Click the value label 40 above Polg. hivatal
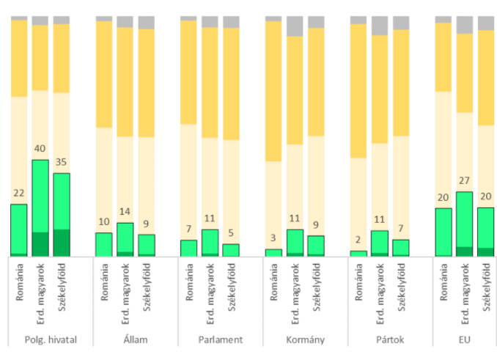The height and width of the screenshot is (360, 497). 40,150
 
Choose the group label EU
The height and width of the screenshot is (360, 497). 464,339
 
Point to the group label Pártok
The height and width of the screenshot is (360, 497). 380,339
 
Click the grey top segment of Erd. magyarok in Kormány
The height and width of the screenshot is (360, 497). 295,26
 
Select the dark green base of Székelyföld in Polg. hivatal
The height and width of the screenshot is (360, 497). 62,243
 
